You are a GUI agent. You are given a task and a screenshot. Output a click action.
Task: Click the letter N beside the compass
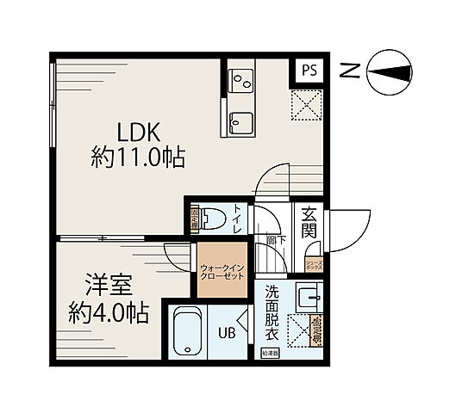pyautogui.click(x=347, y=72)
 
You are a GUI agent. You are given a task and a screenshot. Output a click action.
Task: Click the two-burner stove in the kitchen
pyautogui.click(x=240, y=81)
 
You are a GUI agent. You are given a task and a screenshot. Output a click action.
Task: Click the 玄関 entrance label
pyautogui.click(x=309, y=222)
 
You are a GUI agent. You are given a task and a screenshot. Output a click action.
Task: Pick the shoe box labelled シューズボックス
pyautogui.click(x=314, y=265)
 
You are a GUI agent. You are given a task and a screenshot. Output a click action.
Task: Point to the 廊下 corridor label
pyautogui.click(x=275, y=242)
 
